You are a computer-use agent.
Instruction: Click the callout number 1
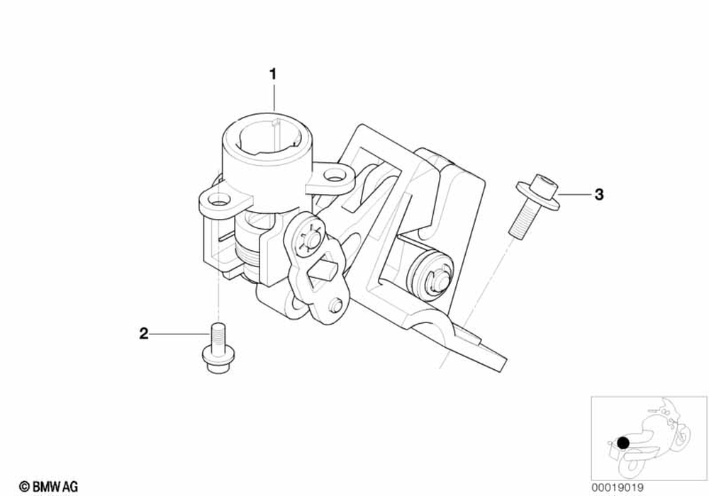click(x=273, y=73)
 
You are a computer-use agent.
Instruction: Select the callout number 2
click(x=144, y=333)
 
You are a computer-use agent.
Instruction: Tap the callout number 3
click(x=598, y=194)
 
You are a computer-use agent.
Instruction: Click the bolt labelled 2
click(x=217, y=351)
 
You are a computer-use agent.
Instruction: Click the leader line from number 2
click(x=180, y=333)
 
